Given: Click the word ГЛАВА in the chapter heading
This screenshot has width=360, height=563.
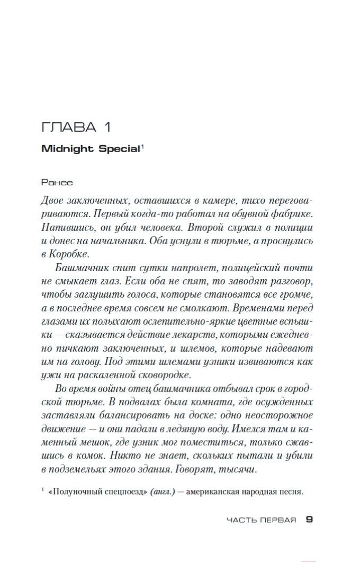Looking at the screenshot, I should tap(69, 128).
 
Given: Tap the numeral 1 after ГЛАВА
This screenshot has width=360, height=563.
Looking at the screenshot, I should tap(106, 128).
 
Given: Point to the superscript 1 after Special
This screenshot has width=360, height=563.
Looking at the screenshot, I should tap(142, 146).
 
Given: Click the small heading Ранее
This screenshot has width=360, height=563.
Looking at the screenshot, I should tap(57, 182).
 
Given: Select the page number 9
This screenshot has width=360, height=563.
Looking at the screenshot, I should tap(309, 520).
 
